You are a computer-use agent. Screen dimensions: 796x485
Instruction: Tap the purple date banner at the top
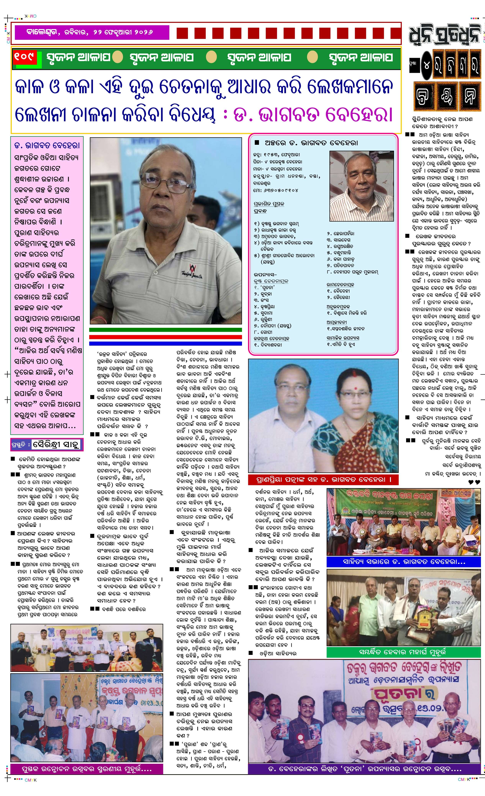[90, 32]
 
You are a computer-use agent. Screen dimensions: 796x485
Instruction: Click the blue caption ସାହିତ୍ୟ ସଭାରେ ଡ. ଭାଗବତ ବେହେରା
[404, 562]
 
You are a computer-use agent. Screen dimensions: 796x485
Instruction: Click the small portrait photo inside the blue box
[361, 186]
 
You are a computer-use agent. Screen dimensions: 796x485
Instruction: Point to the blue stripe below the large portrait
[165, 343]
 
